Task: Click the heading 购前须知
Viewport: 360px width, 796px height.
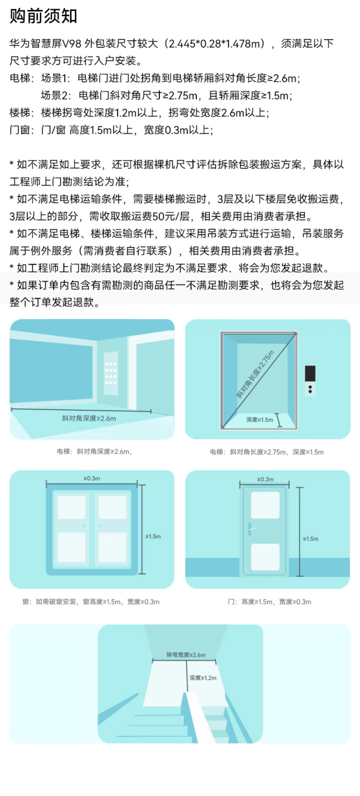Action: pyautogui.click(x=43, y=16)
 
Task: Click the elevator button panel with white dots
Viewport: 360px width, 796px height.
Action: pyautogui.click(x=111, y=373)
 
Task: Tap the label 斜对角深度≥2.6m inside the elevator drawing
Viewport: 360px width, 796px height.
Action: pyautogui.click(x=89, y=418)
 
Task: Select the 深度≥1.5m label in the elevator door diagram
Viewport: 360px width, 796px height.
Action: pyautogui.click(x=260, y=420)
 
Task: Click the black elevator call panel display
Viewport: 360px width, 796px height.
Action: pyautogui.click(x=310, y=373)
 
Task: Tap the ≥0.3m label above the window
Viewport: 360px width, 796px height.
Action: pyautogui.click(x=92, y=478)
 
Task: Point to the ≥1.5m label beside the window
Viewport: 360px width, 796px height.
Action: pyautogui.click(x=153, y=536)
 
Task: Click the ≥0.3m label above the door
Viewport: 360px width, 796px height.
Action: pyautogui.click(x=265, y=479)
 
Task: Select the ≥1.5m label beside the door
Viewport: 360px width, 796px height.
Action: pyautogui.click(x=311, y=539)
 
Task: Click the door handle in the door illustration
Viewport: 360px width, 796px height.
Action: pyautogui.click(x=250, y=529)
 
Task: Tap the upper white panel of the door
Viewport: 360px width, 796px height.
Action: pyautogui.click(x=265, y=505)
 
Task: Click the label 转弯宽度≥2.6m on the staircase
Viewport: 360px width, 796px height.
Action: pyautogui.click(x=186, y=655)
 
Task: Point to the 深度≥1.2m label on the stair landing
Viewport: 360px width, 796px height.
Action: pyautogui.click(x=203, y=678)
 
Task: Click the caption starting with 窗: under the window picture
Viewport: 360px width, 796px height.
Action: pyautogui.click(x=91, y=602)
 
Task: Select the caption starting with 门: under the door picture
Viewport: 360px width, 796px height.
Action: pyautogui.click(x=270, y=602)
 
